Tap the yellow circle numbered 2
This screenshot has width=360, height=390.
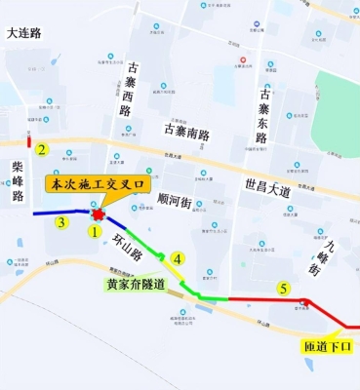pos(42,149)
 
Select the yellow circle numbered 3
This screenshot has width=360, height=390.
pos(60,222)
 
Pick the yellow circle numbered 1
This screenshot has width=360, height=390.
pos(95,232)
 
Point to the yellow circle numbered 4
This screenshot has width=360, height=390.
pos(177,257)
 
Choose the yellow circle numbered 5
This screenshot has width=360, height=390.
pos(283,288)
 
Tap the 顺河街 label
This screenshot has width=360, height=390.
pos(177,201)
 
